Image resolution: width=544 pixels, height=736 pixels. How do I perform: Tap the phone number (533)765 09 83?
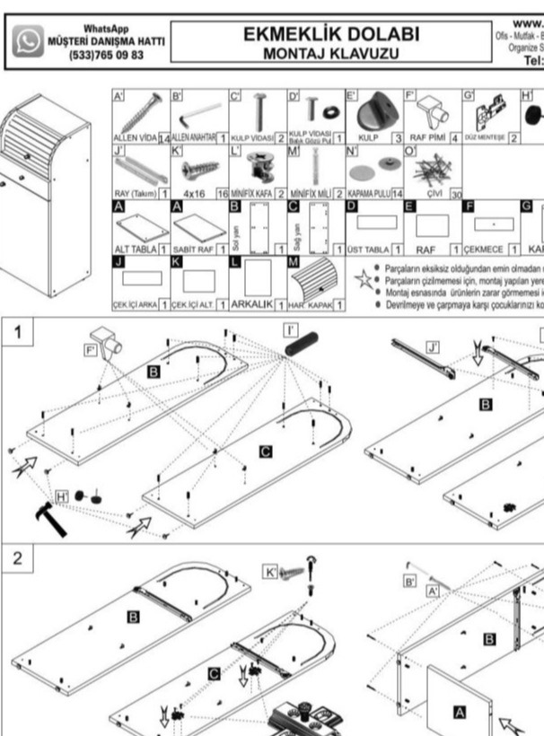(105, 55)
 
